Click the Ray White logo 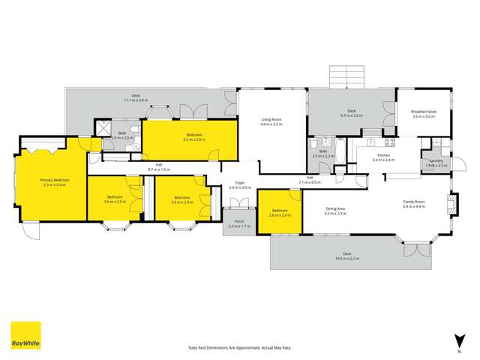point(25,335)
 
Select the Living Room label point(271,121)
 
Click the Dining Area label point(335,211)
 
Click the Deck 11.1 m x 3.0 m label point(136,97)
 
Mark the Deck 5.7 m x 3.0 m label point(351,113)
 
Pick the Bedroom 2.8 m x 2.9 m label point(280,213)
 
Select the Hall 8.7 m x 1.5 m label point(159,168)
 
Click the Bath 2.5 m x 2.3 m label point(322,153)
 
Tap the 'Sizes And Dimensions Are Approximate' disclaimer point(239,348)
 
